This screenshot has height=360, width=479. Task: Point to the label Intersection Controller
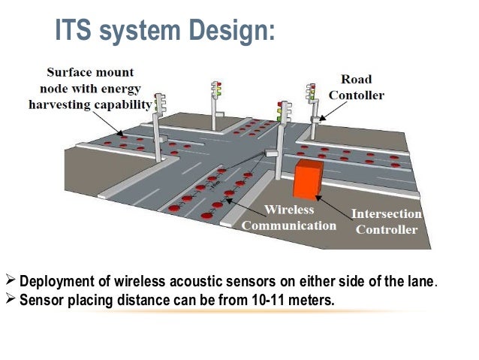point(387,222)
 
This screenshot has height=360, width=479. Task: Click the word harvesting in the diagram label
point(59,104)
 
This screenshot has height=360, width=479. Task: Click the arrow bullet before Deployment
point(11,282)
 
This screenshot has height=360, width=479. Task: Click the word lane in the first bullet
point(420,283)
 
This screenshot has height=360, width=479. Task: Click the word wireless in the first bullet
point(141,283)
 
